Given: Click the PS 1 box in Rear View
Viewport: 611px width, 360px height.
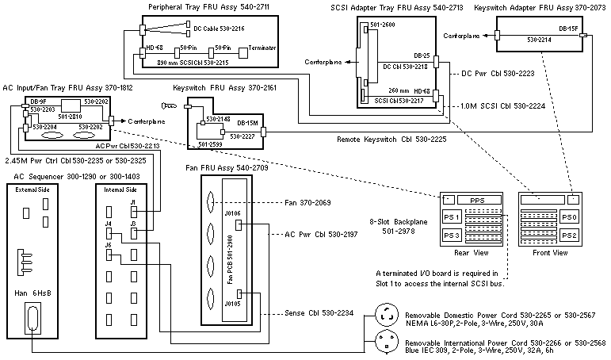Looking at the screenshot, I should click(453, 217).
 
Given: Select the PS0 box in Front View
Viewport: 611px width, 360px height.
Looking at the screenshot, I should click(570, 216).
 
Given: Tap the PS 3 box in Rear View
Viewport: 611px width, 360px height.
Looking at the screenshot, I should click(453, 236).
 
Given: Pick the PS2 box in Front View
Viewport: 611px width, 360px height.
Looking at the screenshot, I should click(570, 236).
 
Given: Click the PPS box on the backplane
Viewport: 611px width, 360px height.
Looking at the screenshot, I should click(476, 200).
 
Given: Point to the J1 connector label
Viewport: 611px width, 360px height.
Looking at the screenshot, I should click(111, 203).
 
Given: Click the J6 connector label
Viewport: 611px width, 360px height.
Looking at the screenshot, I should click(109, 245).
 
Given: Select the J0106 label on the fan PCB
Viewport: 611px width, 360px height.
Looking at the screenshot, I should click(232, 213).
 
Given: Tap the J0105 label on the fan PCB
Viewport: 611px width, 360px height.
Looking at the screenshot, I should click(232, 303).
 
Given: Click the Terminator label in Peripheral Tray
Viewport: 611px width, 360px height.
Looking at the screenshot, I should click(262, 48).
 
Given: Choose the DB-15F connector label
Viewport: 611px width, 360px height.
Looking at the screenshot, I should click(567, 29).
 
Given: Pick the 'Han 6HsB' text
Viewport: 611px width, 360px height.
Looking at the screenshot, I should click(31, 293).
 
